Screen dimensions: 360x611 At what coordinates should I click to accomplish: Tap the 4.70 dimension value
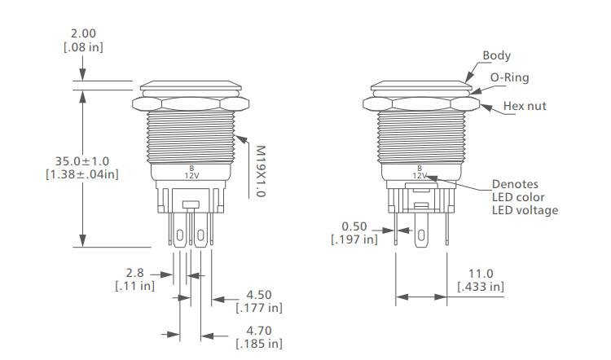click(x=259, y=330)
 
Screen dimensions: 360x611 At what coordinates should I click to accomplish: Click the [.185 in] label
click(x=259, y=345)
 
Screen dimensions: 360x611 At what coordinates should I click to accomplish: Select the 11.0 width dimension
click(x=480, y=272)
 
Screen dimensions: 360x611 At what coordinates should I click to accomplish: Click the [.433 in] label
click(x=480, y=287)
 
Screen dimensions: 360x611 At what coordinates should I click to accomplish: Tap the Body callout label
click(x=496, y=55)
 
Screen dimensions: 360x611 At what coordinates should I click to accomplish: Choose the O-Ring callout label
click(x=509, y=78)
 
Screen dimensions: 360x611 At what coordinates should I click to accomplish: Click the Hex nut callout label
click(x=524, y=106)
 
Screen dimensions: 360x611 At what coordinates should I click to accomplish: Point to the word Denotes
click(x=514, y=183)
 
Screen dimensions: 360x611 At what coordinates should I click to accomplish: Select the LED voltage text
click(x=525, y=210)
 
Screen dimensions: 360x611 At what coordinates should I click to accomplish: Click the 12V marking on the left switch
click(x=191, y=176)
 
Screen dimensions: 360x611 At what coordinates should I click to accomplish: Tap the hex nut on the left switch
click(x=191, y=105)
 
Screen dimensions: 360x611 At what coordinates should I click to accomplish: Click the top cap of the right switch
click(x=420, y=86)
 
